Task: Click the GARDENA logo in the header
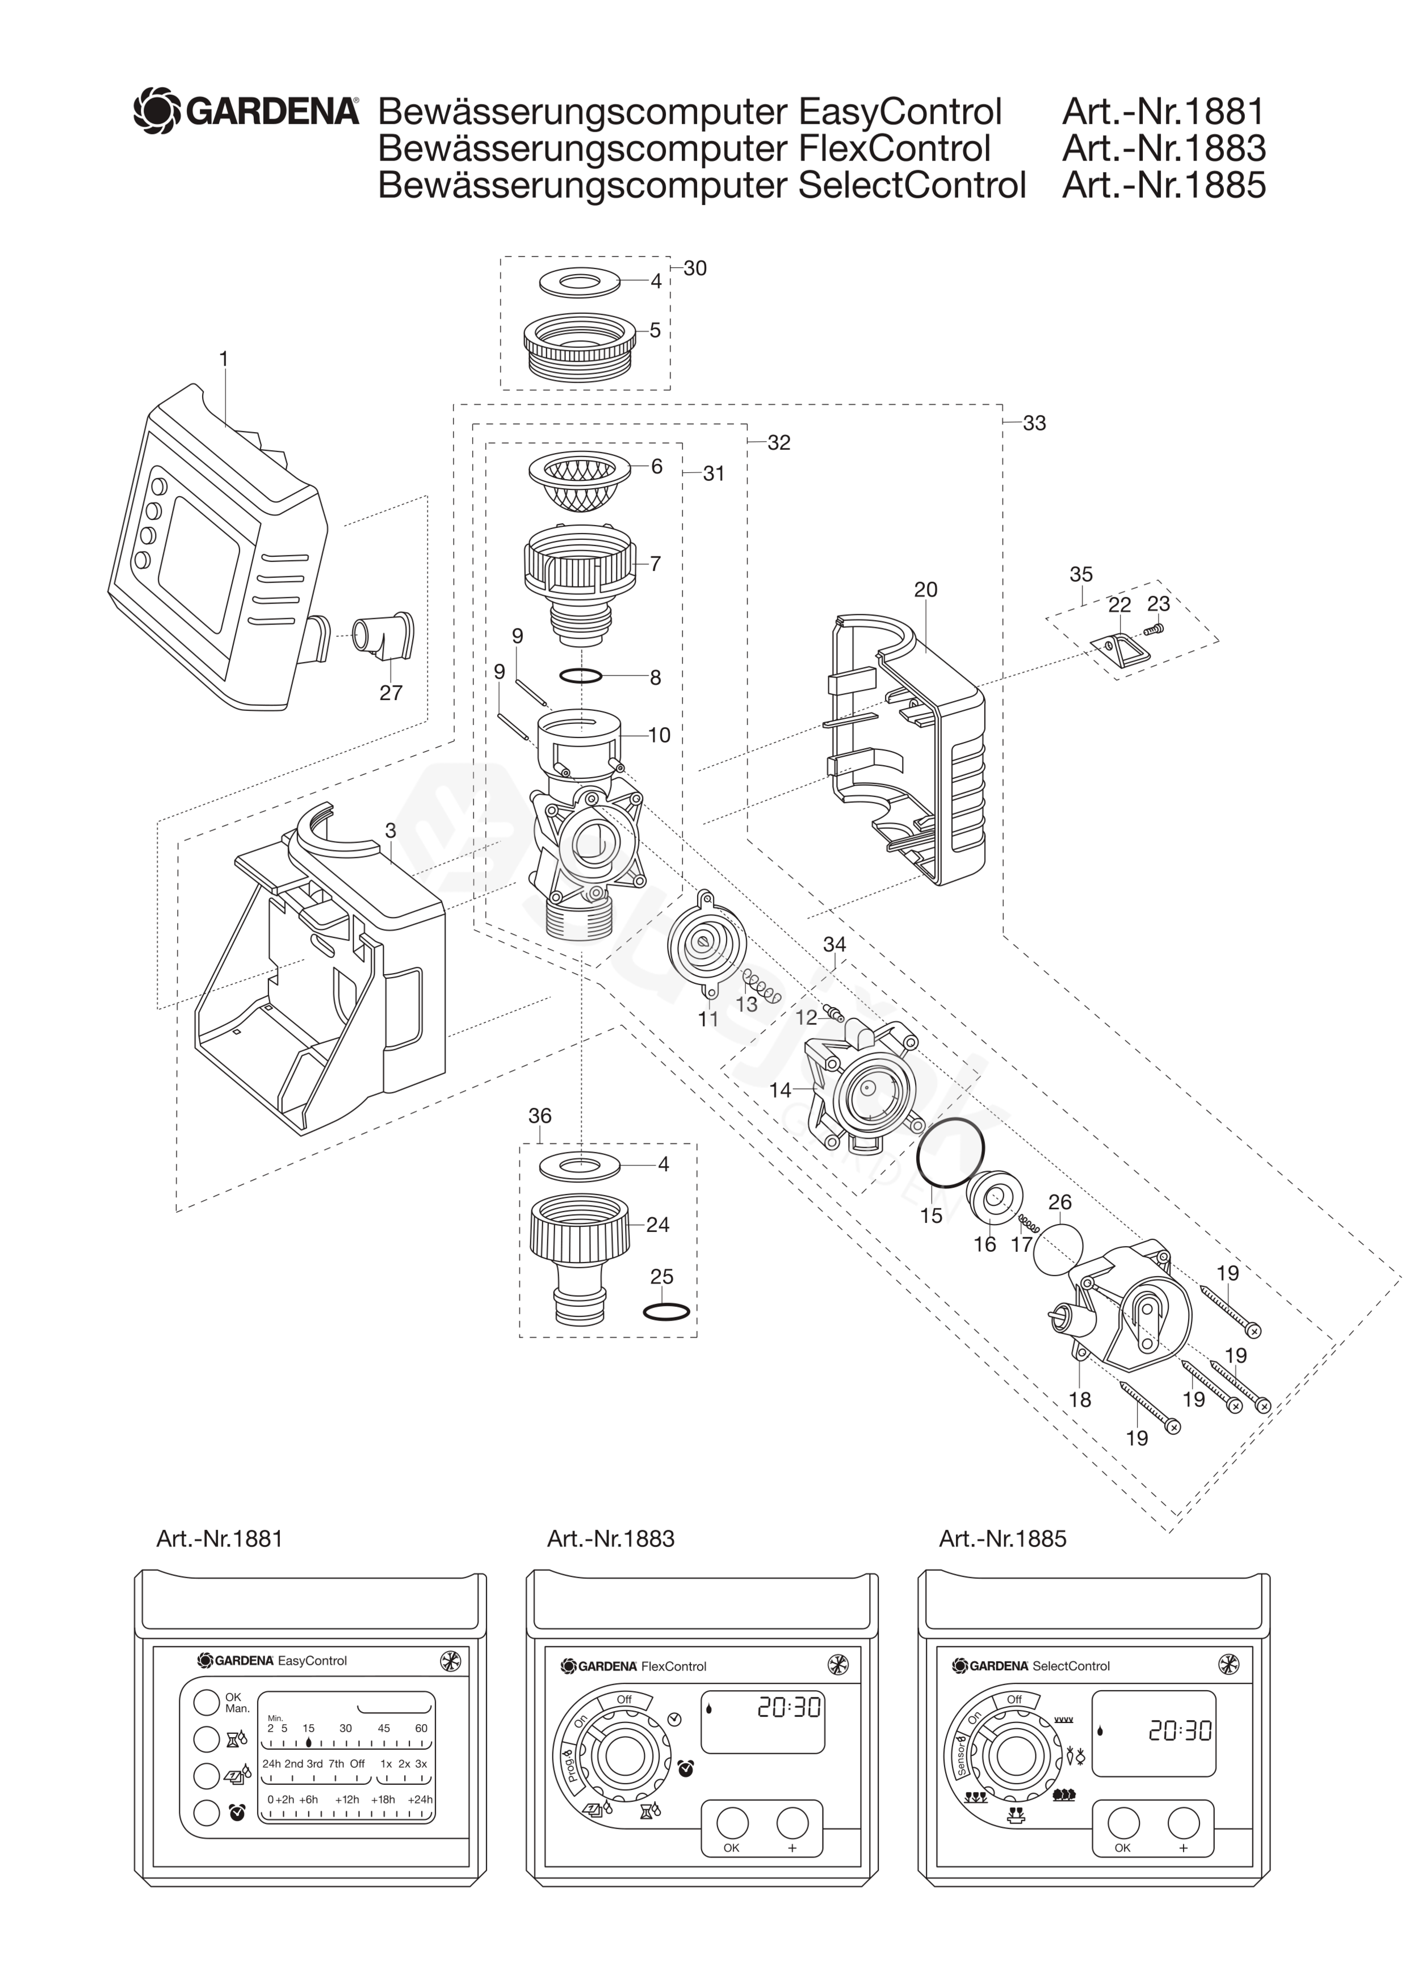click(246, 111)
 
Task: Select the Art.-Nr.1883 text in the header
click(1164, 148)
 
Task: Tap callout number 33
click(1035, 423)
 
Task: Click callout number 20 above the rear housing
click(926, 589)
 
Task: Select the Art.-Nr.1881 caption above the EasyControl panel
click(220, 1539)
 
